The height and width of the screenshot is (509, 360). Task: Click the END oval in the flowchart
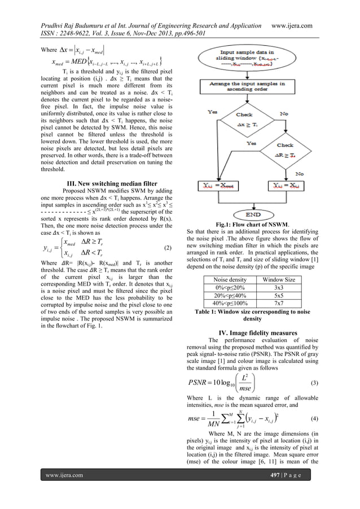pos(267,213)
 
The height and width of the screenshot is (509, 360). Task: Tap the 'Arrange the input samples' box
pos(267,90)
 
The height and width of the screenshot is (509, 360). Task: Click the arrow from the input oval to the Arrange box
pos(267,75)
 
